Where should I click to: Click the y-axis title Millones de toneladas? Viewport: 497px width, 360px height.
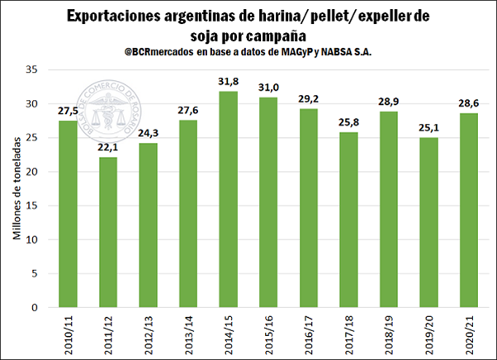pyautogui.click(x=16, y=187)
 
